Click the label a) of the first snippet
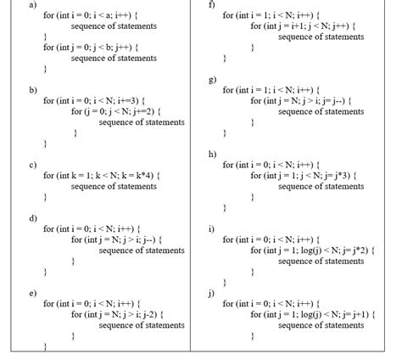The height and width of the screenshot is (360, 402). tap(32, 5)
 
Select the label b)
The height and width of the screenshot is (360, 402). tap(33, 89)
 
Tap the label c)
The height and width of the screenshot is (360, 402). tap(32, 164)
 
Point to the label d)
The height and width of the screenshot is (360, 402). tap(33, 218)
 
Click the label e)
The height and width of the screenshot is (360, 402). tap(32, 293)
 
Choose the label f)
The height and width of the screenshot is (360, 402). tap(212, 5)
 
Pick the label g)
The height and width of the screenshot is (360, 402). tap(213, 79)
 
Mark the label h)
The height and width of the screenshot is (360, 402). tap(212, 154)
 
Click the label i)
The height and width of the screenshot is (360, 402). tap(211, 229)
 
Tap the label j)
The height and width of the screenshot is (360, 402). tap(211, 293)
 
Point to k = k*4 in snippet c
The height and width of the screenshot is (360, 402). tap(137, 175)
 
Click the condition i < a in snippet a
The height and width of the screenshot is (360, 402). tap(106, 15)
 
